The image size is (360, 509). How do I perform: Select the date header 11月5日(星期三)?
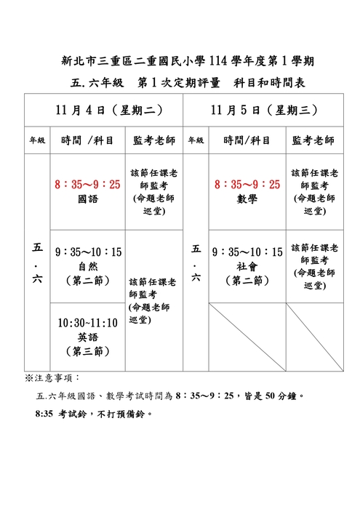(263, 110)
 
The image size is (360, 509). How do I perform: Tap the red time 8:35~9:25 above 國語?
(87, 185)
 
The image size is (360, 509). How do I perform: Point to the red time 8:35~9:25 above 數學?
(247, 185)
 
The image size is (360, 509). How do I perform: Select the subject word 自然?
(87, 265)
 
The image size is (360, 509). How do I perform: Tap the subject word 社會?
(247, 265)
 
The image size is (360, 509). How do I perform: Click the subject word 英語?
(87, 337)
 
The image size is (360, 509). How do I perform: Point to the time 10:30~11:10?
(87, 323)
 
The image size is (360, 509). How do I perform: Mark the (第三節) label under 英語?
(87, 351)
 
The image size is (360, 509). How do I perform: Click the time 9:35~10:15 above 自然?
(87, 252)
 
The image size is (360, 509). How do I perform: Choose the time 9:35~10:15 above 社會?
(247, 252)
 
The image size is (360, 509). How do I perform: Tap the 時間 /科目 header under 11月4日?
(87, 140)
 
